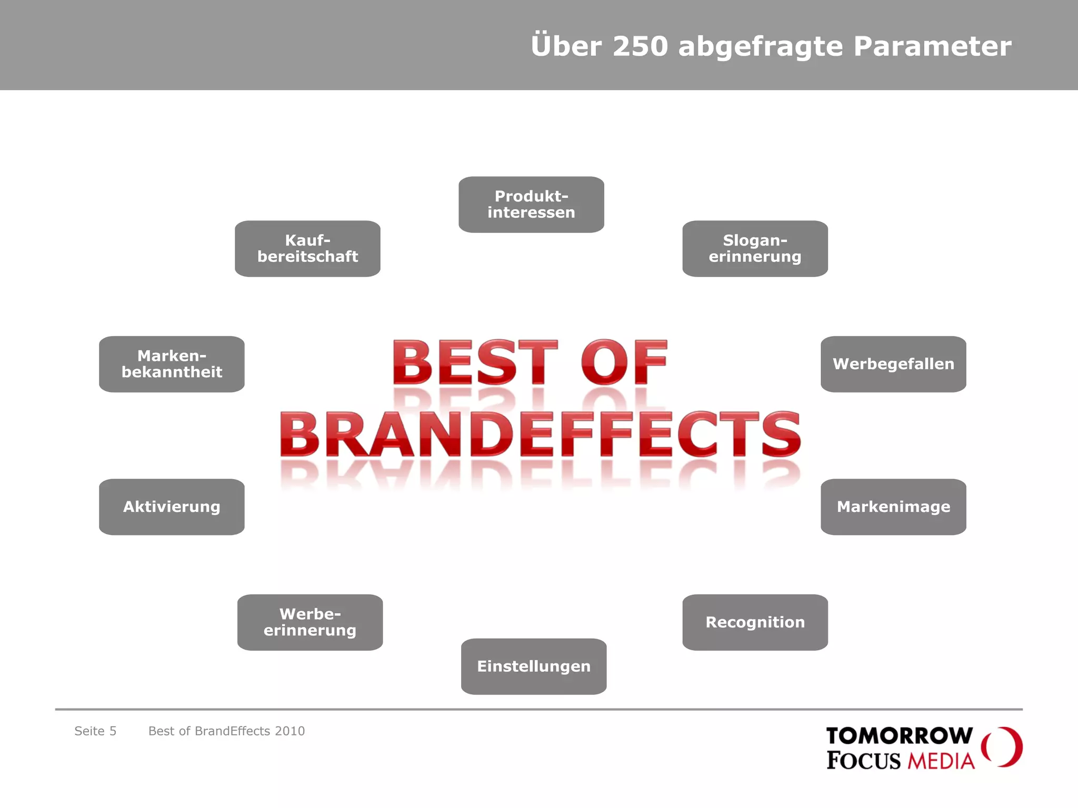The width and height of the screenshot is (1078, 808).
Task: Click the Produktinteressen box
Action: (531, 205)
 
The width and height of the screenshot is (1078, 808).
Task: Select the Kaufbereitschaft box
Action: (307, 249)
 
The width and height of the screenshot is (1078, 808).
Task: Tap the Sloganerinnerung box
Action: (755, 249)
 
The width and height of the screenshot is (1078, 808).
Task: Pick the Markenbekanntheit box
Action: (172, 364)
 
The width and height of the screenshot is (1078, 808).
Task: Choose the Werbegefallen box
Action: (893, 364)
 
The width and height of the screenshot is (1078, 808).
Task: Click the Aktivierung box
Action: (172, 507)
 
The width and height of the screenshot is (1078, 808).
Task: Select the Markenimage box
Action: (893, 507)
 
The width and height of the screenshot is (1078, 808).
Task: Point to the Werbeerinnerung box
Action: (310, 622)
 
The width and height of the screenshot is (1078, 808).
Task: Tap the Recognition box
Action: (755, 622)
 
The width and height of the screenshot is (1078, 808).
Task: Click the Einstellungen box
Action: (534, 666)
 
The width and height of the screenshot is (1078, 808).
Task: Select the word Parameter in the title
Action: (932, 46)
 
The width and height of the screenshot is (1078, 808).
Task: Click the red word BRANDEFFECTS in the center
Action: (540, 435)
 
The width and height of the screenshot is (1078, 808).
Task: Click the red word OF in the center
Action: (624, 362)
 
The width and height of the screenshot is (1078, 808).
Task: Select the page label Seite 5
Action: (95, 731)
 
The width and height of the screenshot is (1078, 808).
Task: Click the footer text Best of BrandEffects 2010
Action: (226, 731)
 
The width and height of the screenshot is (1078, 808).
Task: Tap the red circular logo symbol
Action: (1002, 747)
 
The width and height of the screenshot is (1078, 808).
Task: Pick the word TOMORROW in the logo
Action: (899, 735)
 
